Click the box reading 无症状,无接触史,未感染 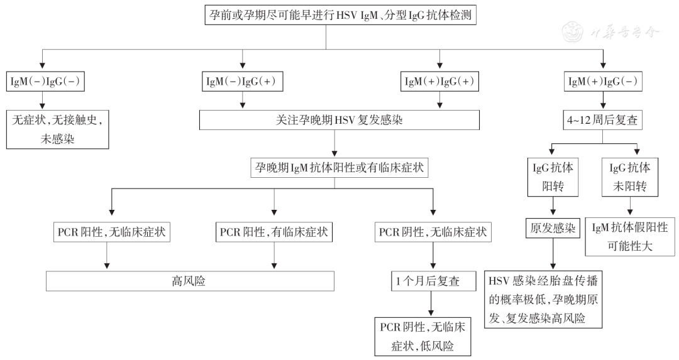(57, 129)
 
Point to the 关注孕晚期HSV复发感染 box (339, 120)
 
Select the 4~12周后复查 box (603, 120)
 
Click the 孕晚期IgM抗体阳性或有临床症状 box (339, 168)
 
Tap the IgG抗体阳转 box (552, 177)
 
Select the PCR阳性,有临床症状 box (274, 232)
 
